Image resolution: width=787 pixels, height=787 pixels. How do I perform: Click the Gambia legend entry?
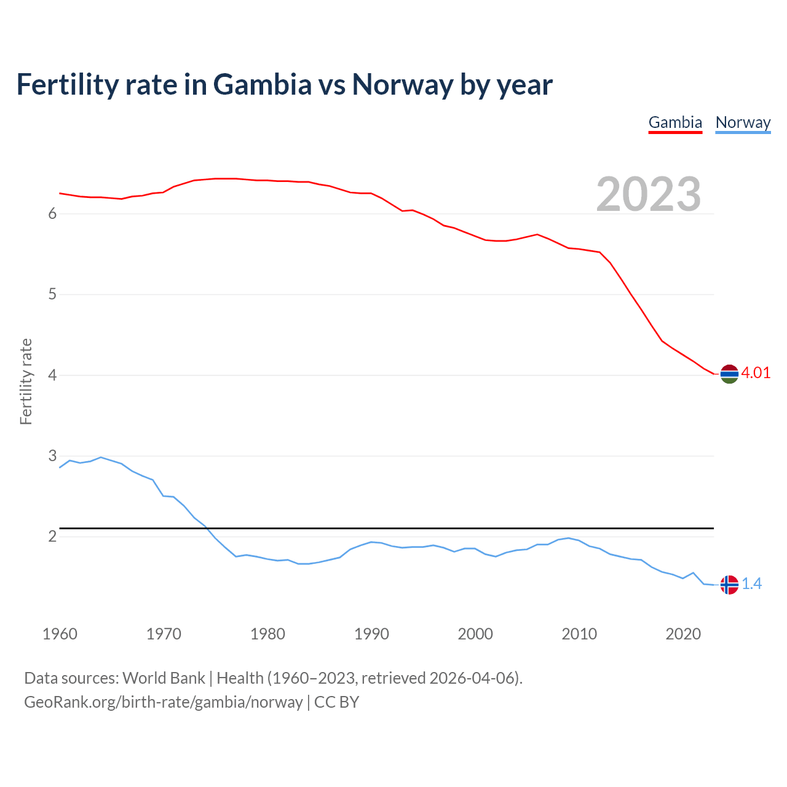675,122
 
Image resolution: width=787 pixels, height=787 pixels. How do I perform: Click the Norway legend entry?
743,122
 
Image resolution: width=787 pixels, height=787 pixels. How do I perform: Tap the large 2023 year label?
649,194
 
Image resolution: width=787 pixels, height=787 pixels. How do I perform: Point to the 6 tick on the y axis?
52,213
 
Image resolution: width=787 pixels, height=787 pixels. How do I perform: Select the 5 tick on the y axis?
52,295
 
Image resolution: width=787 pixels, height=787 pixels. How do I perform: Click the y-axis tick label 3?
52,456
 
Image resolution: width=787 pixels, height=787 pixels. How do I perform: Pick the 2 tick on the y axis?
52,537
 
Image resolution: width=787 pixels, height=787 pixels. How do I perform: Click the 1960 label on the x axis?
60,634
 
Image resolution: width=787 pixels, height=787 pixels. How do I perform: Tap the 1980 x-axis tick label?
267,634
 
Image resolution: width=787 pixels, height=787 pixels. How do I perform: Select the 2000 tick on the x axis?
475,634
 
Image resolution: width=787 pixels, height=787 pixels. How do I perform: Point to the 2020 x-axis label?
683,634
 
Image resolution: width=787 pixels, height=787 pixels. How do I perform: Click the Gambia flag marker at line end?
729,374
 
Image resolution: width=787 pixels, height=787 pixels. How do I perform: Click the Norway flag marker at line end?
729,585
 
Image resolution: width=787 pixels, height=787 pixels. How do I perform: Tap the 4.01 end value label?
756,373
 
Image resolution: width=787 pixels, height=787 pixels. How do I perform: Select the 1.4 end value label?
751,584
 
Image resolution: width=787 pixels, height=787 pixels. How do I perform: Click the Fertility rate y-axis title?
26,381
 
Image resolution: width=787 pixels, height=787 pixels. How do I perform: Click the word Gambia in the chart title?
263,84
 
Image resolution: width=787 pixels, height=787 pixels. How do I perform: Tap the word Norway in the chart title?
402,84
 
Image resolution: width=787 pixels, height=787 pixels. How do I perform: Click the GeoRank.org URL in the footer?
163,702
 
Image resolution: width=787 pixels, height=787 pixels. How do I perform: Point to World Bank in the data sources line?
164,678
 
